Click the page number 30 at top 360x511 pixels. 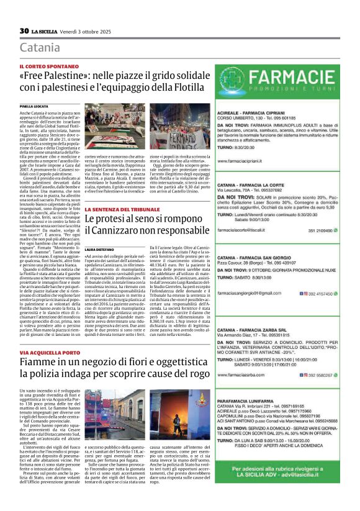[24, 31]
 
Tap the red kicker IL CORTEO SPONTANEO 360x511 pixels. [47, 66]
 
